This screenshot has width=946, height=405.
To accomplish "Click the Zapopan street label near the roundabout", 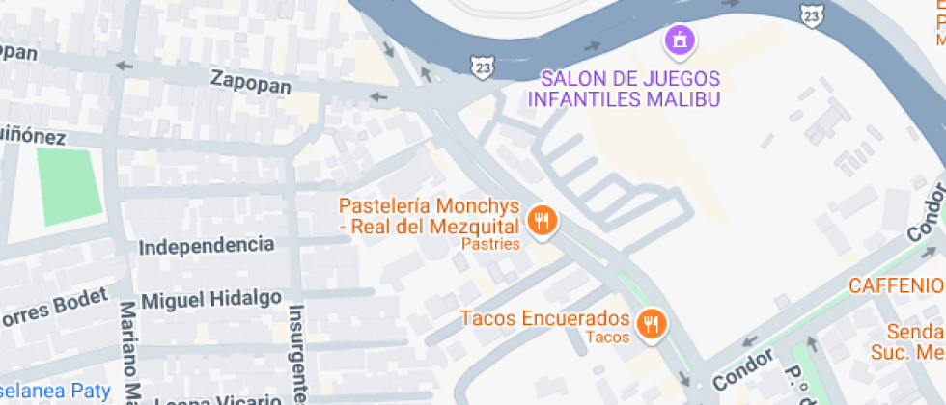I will (251, 85).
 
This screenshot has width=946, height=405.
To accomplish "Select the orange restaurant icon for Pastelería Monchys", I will (543, 222).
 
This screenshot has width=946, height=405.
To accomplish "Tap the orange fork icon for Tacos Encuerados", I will (654, 324).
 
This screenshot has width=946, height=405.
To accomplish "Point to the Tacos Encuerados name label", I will (544, 318).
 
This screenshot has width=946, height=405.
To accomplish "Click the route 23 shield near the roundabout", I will (482, 66).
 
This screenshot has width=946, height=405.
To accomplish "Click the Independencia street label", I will (207, 246).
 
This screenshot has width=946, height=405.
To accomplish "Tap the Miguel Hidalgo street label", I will (211, 299).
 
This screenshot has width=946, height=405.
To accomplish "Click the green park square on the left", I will (70, 187).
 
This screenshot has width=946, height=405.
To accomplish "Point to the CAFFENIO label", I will (896, 285).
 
